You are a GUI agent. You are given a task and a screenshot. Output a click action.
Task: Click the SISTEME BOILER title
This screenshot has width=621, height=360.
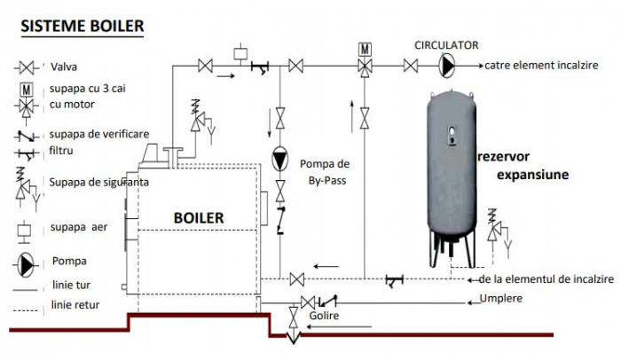(81, 26)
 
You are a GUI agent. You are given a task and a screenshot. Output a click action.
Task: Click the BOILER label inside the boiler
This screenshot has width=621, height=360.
(199, 217)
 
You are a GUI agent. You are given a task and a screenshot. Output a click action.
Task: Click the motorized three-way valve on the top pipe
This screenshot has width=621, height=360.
(365, 65)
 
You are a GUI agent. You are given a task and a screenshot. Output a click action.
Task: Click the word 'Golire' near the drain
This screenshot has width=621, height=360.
(326, 316)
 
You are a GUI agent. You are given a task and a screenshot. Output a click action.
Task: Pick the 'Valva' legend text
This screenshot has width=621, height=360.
(65, 67)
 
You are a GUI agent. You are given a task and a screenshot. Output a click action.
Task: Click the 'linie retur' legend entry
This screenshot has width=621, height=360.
(76, 305)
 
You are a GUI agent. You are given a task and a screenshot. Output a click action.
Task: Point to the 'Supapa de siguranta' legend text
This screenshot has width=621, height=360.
(98, 182)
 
